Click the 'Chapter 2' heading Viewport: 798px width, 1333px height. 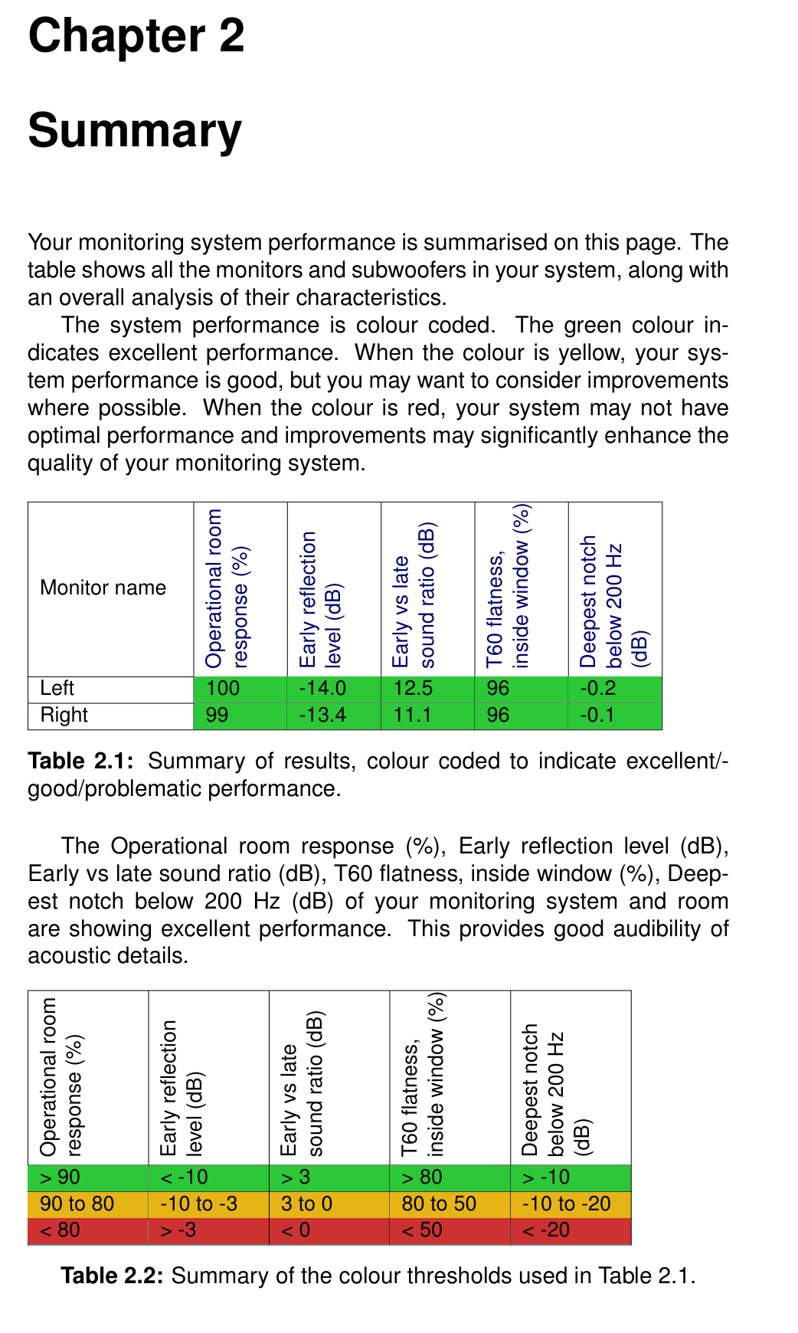(136, 36)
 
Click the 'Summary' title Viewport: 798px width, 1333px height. (135, 130)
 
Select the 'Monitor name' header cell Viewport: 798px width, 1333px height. (103, 588)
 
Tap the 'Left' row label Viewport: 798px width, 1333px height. (57, 688)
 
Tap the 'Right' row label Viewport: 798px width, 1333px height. (64, 715)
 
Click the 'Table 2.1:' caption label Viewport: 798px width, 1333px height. (81, 761)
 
